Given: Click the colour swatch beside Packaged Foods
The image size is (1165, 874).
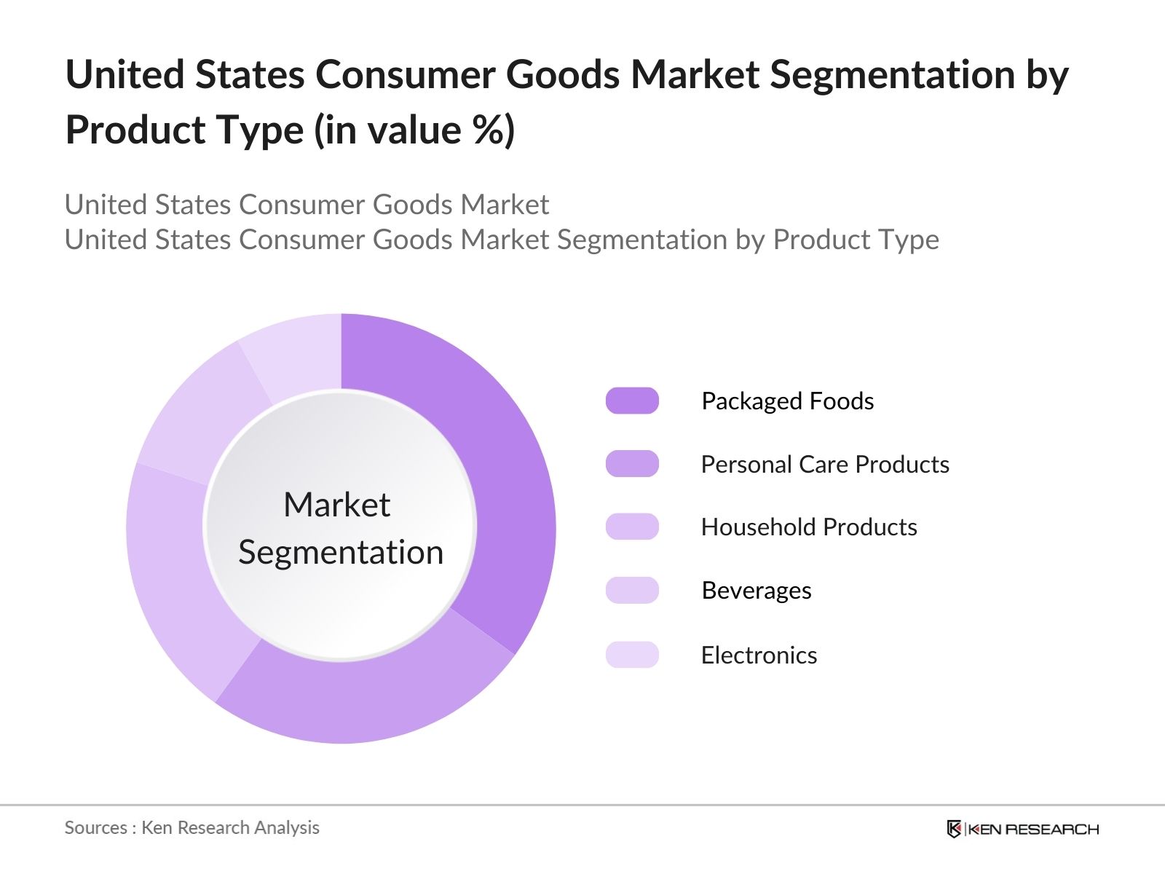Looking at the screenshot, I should pyautogui.click(x=632, y=401).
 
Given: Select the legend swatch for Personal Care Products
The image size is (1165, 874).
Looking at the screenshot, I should pyautogui.click(x=632, y=464).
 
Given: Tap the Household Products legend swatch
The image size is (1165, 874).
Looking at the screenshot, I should pyautogui.click(x=632, y=527).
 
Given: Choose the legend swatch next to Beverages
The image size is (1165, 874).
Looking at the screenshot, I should pyautogui.click(x=632, y=590).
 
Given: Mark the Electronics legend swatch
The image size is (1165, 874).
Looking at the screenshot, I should pyautogui.click(x=632, y=655).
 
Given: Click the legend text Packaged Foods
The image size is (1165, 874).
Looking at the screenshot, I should pyautogui.click(x=787, y=401).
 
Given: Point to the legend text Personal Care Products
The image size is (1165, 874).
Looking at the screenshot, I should pyautogui.click(x=825, y=465).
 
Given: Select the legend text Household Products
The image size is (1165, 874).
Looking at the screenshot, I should pyautogui.click(x=809, y=527).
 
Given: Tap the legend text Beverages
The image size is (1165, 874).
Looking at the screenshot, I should pyautogui.click(x=757, y=591).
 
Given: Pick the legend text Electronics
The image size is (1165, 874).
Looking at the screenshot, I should pyautogui.click(x=759, y=655).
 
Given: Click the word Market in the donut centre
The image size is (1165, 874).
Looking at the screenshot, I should pyautogui.click(x=336, y=505).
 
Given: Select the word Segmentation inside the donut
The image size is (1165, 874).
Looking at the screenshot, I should pyautogui.click(x=341, y=552).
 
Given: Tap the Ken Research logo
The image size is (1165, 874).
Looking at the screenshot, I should pyautogui.click(x=1022, y=829).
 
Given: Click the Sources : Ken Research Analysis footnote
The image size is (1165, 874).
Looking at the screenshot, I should pyautogui.click(x=192, y=827).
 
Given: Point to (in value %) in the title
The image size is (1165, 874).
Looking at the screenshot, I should pyautogui.click(x=415, y=130).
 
